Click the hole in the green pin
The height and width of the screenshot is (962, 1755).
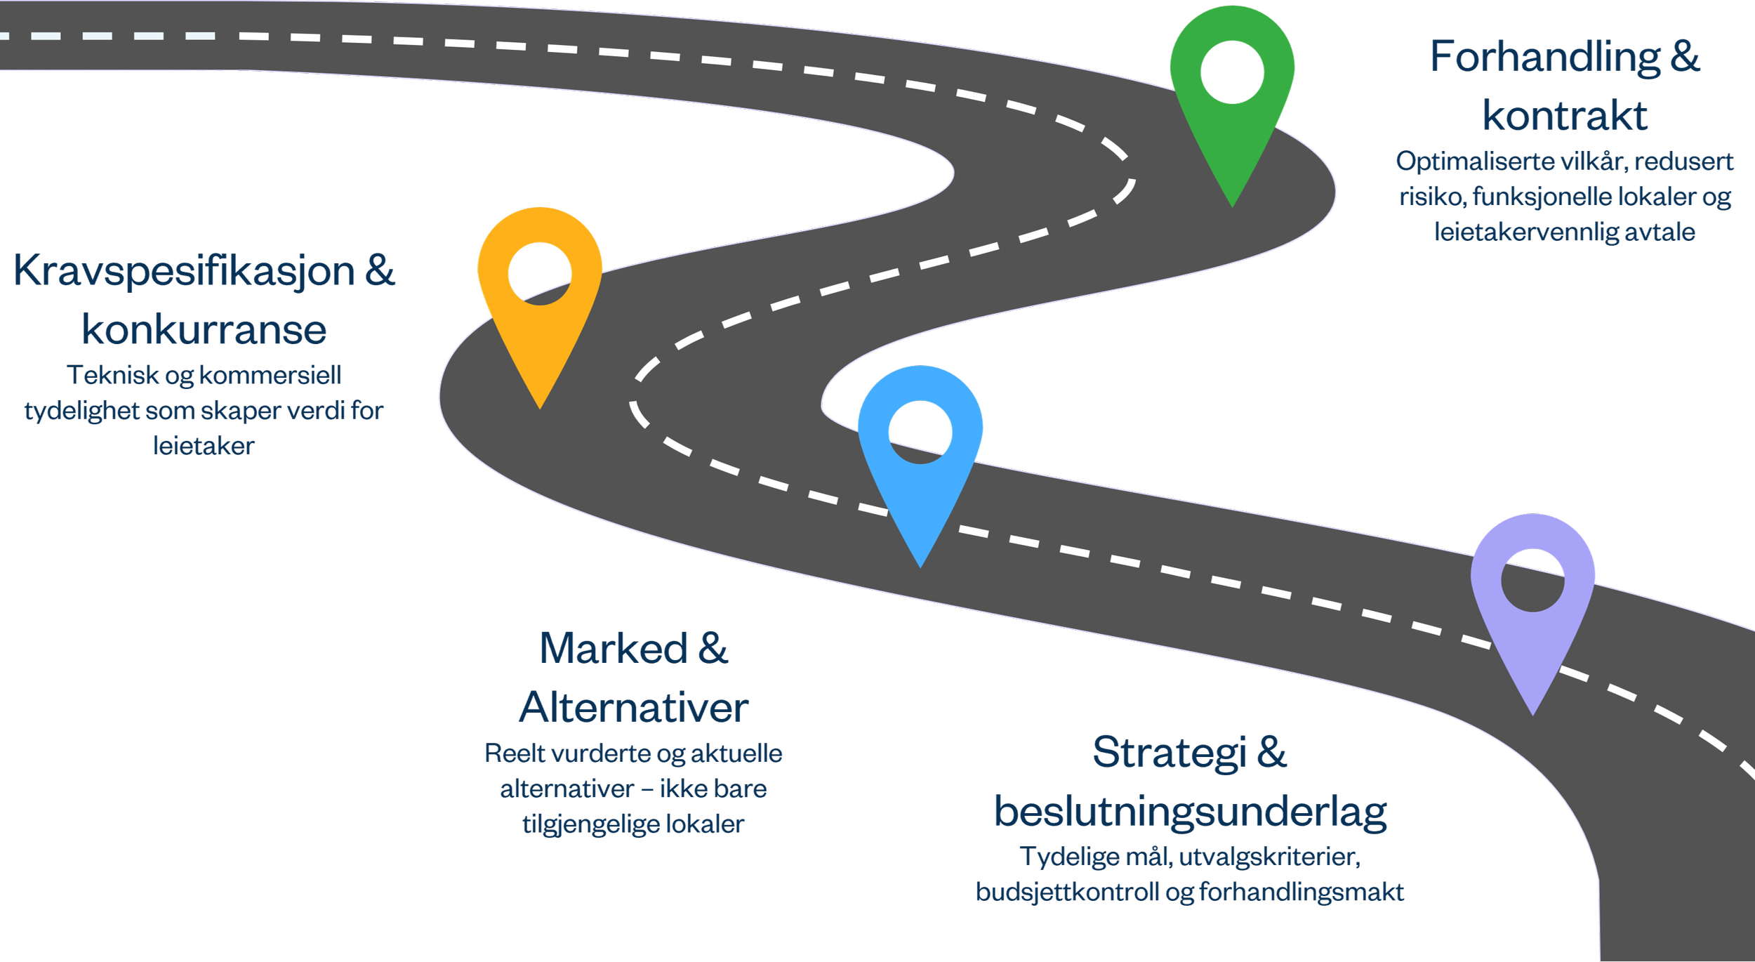coord(1232,72)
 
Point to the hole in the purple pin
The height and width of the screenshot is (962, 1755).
coord(1532,581)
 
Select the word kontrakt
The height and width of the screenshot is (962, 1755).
coord(1565,116)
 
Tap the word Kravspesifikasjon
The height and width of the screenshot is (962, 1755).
coord(185,271)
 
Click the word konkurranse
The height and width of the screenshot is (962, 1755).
coord(204,330)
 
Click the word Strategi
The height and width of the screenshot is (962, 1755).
coord(1171,753)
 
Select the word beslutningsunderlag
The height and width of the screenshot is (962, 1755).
coord(1191,812)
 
